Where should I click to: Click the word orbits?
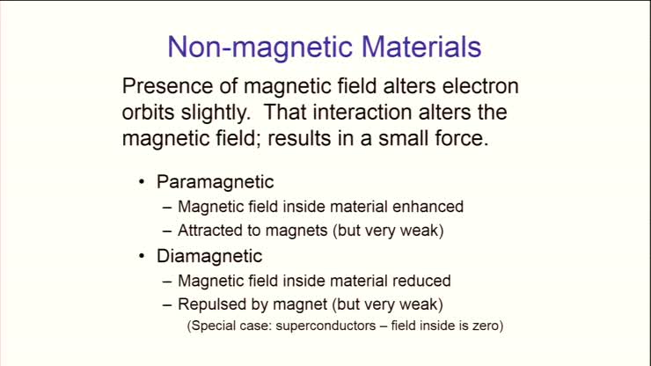click(x=150, y=114)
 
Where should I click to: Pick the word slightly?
click(x=213, y=114)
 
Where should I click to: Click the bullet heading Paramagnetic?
click(x=216, y=182)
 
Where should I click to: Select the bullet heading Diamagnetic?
click(x=209, y=256)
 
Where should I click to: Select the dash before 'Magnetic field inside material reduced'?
click(x=168, y=281)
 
